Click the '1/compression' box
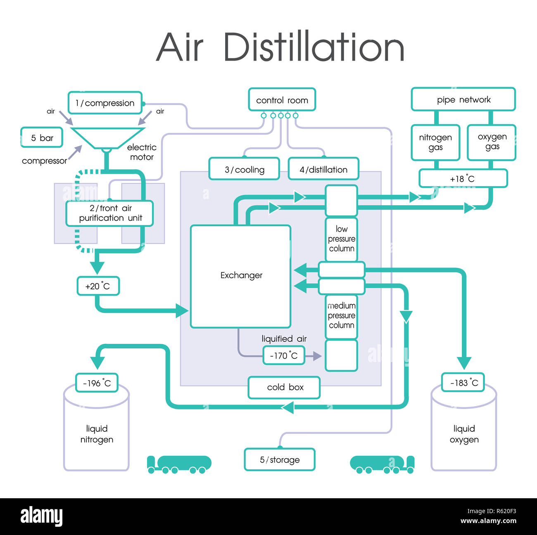[x=105, y=103]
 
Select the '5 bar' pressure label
[x=42, y=137]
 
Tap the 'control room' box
[x=282, y=100]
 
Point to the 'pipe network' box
[x=463, y=99]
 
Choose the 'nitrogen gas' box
[x=435, y=142]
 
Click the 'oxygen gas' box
[x=492, y=142]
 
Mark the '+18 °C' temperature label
[x=463, y=179]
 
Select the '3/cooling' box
[x=244, y=169]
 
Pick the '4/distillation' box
[x=323, y=169]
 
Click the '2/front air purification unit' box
[x=110, y=213]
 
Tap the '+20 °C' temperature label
[x=98, y=286]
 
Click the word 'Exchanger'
[x=241, y=275]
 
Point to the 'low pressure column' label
[x=341, y=239]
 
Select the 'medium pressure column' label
[x=341, y=315]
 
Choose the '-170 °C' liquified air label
[x=284, y=355]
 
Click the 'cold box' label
[x=284, y=387]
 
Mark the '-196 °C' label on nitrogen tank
[x=97, y=383]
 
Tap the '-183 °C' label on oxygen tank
[x=463, y=383]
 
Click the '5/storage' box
[x=280, y=459]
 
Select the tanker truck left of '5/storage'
[x=179, y=464]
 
